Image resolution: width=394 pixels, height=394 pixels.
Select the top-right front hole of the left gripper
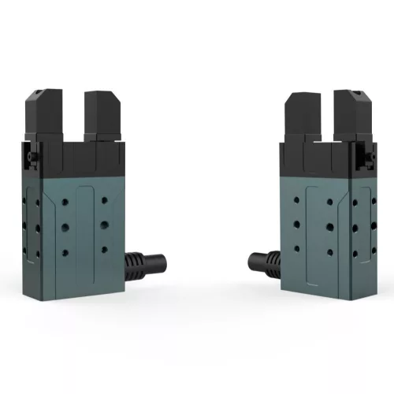click(104, 200)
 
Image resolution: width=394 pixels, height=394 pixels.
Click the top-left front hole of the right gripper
click(297, 200)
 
